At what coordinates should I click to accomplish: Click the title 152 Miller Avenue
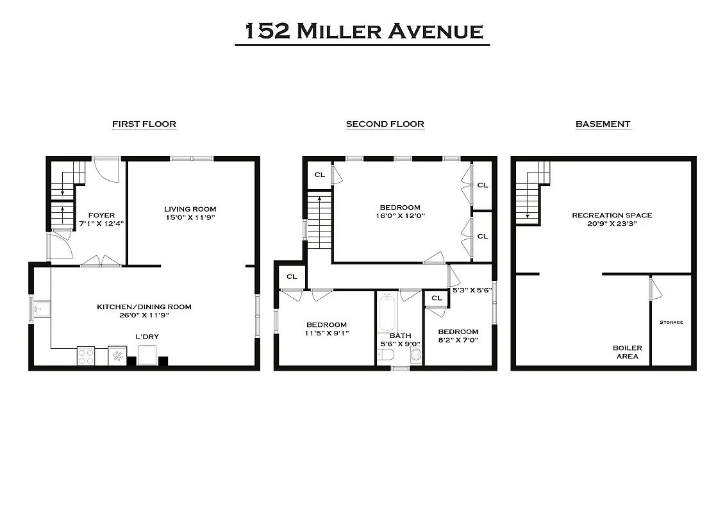coord(362,31)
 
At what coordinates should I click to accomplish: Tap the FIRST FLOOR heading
coord(144,124)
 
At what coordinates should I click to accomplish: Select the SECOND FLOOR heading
coord(385,124)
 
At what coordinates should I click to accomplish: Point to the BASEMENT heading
coord(603,124)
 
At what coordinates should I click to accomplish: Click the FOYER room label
coord(101,215)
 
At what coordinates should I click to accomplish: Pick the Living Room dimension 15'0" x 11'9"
coord(190,217)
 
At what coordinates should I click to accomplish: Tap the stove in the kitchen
coord(86,355)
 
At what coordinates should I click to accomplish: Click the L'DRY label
coord(147,337)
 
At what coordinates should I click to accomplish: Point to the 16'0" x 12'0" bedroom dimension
coord(400,216)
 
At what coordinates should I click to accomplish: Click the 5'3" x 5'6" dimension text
coord(472,290)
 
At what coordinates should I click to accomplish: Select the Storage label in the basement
coord(671,323)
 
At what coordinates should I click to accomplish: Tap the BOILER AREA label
coord(627,352)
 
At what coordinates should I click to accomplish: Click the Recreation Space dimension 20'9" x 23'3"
coord(612,224)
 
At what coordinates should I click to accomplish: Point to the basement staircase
coord(532,192)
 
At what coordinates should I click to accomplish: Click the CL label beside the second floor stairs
coord(319,174)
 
